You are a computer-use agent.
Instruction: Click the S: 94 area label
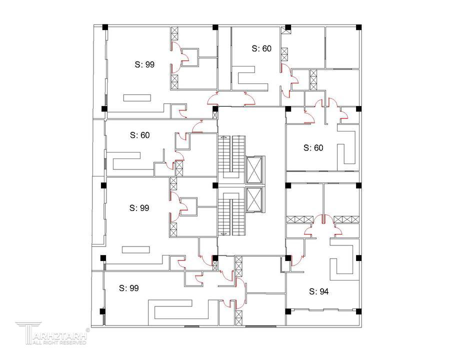point(318,291)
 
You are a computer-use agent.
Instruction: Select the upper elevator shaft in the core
point(254,169)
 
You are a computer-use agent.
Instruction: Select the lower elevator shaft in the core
point(254,200)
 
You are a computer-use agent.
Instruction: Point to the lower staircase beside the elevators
point(231,214)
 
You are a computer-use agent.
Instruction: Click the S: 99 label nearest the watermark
point(129,288)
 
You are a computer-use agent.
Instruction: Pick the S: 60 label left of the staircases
point(140,135)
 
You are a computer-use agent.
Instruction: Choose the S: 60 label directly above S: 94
point(313,148)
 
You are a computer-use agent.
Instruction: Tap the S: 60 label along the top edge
point(261,48)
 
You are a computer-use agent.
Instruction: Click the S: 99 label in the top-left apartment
point(144,64)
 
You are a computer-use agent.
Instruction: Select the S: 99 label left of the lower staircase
point(139,208)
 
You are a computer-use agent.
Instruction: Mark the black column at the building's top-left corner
point(105,27)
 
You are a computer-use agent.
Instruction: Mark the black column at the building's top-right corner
point(358,27)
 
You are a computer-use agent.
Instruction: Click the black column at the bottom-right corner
point(358,311)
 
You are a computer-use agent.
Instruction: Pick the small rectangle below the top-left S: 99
point(137,98)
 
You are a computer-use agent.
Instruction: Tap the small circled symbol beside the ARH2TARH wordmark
point(88,330)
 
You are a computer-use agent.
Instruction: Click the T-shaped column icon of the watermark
point(28,333)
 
